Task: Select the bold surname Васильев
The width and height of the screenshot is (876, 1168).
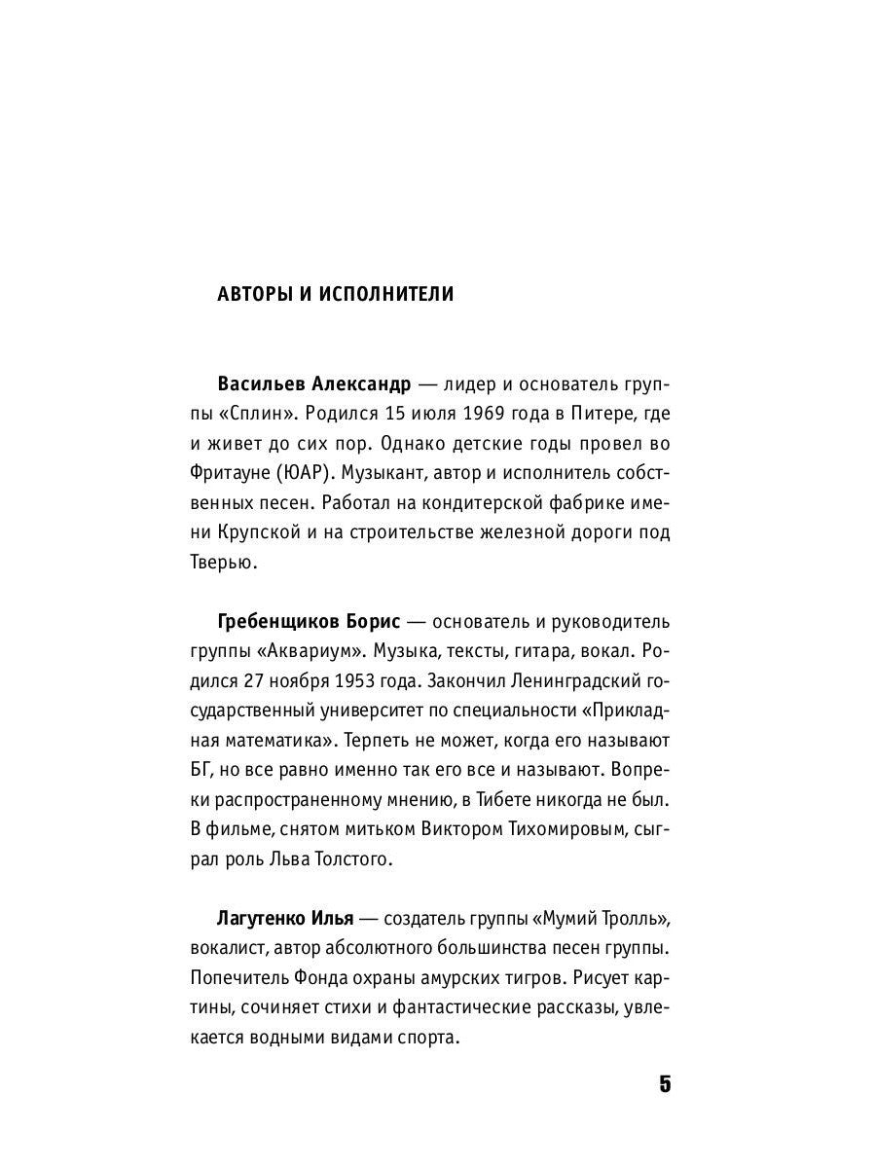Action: point(262,383)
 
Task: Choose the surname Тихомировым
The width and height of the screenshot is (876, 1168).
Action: point(545,828)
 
